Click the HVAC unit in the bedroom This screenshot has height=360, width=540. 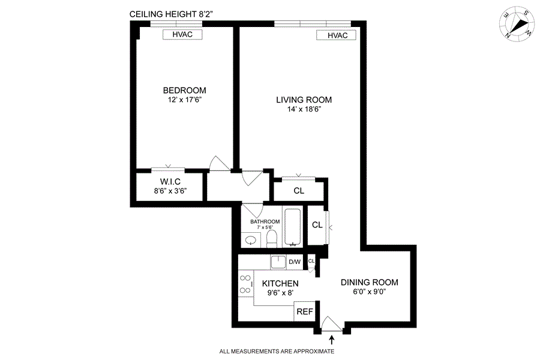coord(182,34)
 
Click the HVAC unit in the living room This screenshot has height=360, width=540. coord(336,35)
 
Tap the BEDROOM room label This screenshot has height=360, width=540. coord(185,90)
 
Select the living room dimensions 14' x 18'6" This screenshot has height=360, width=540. coord(304,109)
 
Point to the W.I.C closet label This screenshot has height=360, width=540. coord(170,182)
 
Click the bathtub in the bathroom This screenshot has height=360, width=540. coord(293,226)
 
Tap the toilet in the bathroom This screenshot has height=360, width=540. coord(272,239)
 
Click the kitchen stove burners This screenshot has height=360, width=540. coord(245,284)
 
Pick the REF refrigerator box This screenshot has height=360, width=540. coord(305,311)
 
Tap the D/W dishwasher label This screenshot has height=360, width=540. coord(295,262)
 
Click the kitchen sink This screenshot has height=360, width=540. coord(278,262)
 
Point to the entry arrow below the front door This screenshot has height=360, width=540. coord(332,340)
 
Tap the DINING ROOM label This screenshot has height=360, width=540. coord(369,283)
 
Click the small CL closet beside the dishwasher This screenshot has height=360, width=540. coord(311,261)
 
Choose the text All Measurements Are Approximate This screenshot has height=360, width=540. coord(277,352)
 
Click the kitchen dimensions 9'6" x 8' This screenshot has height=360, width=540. coord(280,293)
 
